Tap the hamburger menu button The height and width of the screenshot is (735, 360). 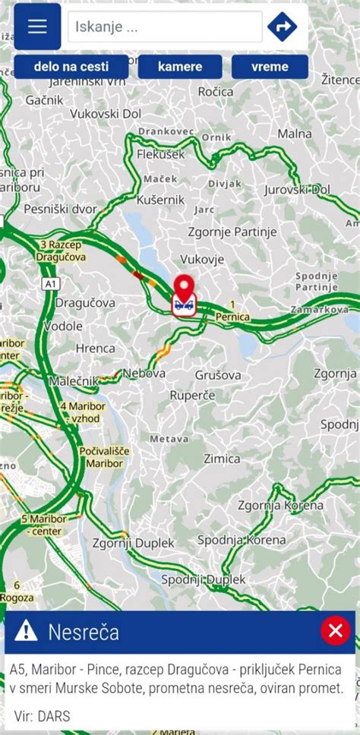37,27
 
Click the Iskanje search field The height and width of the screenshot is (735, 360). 165,27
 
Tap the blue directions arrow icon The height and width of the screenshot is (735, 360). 282,27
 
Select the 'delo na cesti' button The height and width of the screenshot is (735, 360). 71,67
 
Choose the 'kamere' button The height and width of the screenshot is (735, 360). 180,67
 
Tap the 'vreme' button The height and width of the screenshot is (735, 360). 270,67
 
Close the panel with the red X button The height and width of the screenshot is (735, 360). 335,630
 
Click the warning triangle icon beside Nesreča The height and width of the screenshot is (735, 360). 26,630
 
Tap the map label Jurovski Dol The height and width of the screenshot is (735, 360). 297,189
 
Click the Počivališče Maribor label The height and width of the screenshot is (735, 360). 104,457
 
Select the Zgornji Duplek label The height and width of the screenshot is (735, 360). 133,544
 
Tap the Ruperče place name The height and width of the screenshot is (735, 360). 192,396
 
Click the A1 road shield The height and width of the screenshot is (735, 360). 51,283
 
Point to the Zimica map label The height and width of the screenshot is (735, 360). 222,459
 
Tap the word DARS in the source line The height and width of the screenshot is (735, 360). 56,715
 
